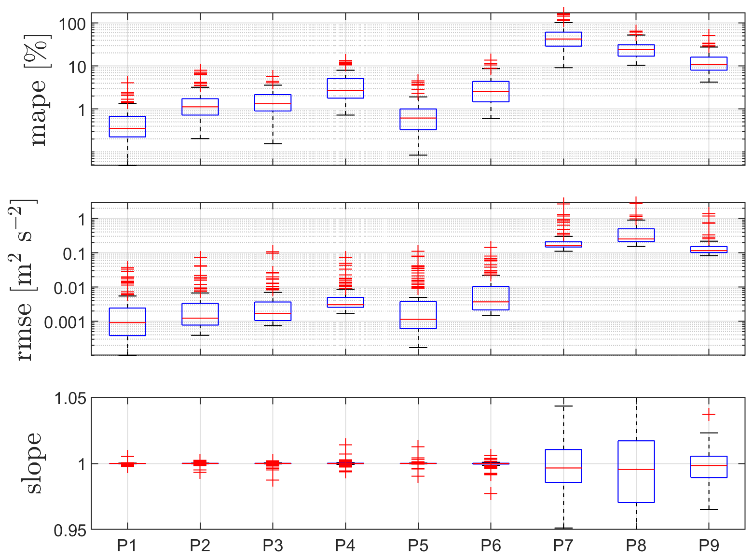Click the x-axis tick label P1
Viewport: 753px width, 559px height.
[x=127, y=546]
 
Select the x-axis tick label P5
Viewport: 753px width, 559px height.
[x=418, y=546]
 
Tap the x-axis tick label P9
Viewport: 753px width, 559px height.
[x=709, y=546]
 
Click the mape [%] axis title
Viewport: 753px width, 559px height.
[x=39, y=90]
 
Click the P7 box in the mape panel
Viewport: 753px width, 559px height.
[x=563, y=39]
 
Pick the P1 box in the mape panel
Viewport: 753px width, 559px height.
[x=127, y=126]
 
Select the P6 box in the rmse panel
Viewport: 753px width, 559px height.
[x=491, y=298]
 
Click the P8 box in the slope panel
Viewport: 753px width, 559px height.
[x=636, y=472]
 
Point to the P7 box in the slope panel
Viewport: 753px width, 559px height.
[x=563, y=466]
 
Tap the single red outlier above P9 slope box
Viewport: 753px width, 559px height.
[x=709, y=415]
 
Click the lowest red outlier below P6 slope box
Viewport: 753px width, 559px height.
[x=491, y=494]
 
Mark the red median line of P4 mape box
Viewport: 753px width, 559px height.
[x=345, y=90]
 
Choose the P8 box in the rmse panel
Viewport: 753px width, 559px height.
[x=636, y=235]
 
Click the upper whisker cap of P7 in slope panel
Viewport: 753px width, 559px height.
[x=563, y=406]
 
